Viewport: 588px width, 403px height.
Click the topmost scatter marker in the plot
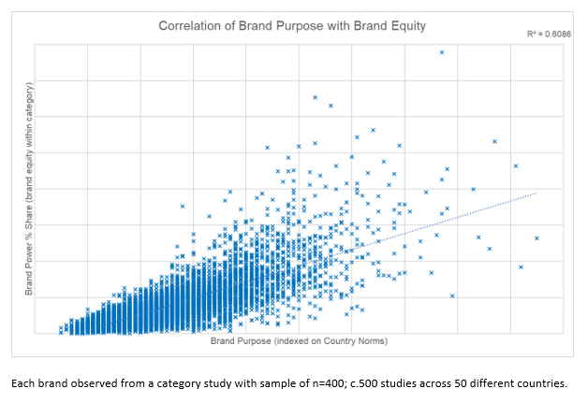[442, 52]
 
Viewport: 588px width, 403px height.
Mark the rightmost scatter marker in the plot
[537, 238]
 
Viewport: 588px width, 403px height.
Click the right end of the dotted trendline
[536, 193]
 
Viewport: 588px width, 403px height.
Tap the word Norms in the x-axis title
[372, 341]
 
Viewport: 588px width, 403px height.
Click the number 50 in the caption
[435, 383]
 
